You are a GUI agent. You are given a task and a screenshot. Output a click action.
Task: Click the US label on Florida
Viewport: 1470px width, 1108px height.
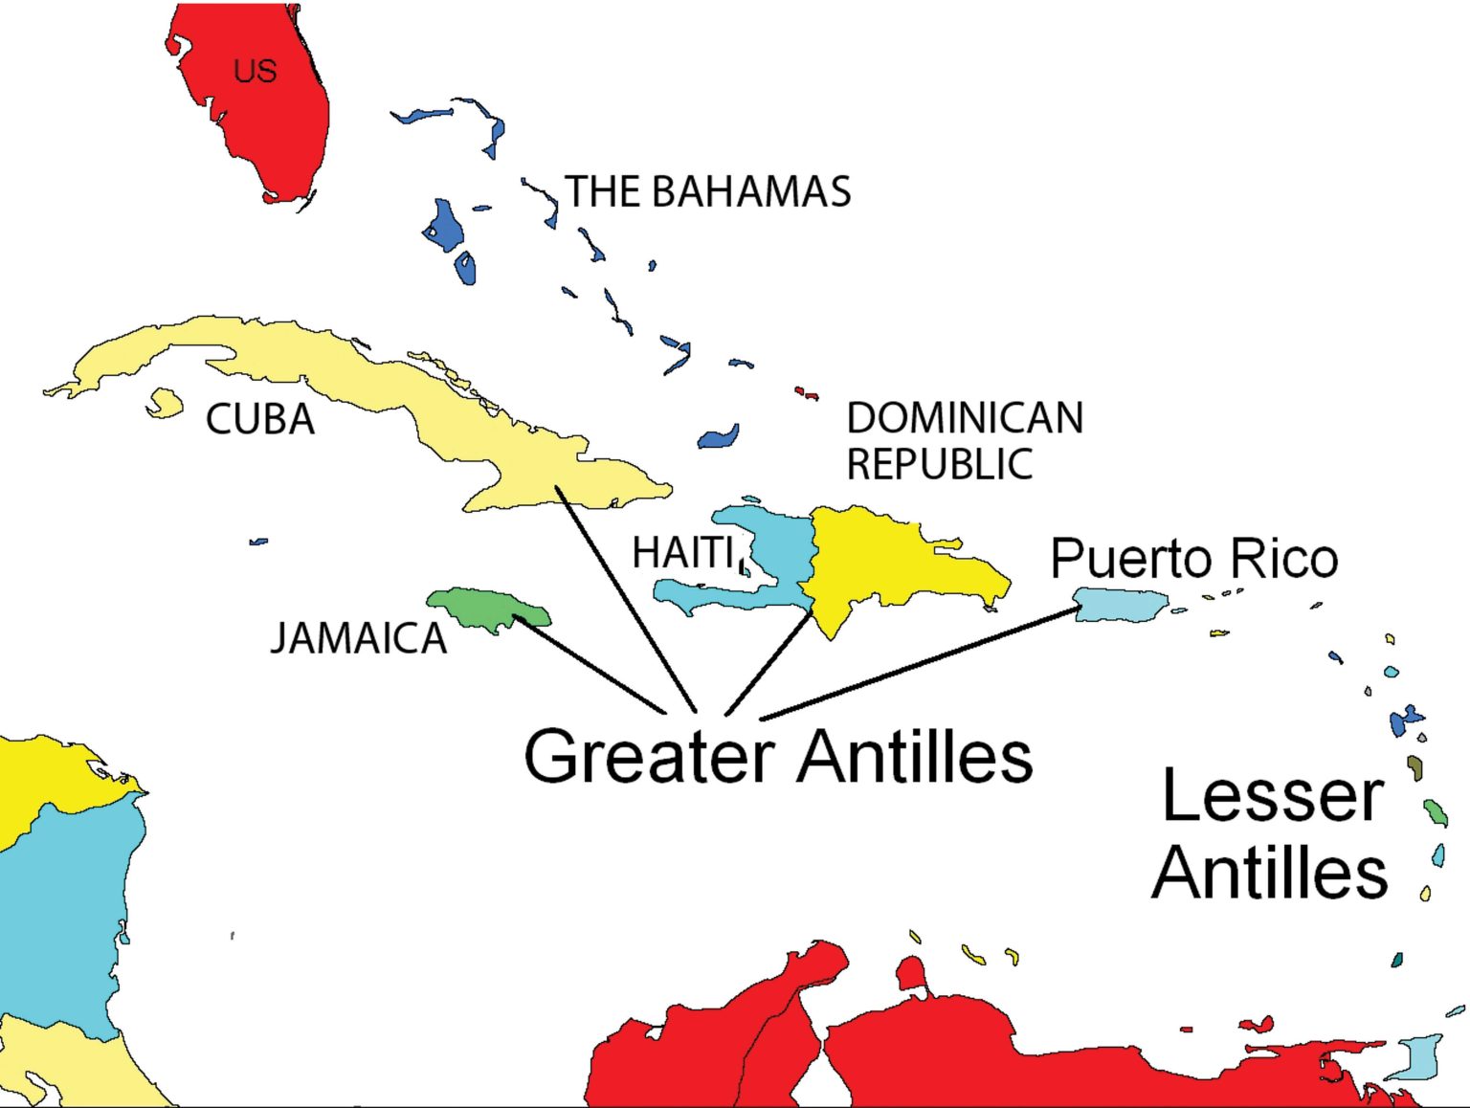(x=255, y=71)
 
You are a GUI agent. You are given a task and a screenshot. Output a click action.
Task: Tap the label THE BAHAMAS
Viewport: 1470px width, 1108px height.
(x=708, y=191)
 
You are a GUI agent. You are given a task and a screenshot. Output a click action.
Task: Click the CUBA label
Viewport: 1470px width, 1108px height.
(x=260, y=419)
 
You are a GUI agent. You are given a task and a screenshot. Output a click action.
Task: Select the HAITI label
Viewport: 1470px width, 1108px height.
(x=683, y=552)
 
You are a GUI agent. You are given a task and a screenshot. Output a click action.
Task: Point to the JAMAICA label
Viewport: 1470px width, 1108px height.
(x=358, y=638)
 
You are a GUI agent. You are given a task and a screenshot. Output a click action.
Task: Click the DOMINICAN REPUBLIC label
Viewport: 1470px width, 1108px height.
(x=964, y=441)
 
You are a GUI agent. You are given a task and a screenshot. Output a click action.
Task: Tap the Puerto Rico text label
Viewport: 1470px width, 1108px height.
(x=1193, y=558)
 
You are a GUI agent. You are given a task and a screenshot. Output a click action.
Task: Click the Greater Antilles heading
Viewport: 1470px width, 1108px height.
(x=778, y=756)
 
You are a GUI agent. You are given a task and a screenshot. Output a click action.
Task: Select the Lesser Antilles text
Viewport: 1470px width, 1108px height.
(x=1271, y=834)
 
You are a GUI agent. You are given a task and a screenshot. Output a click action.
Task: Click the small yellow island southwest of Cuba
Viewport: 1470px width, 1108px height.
(x=165, y=403)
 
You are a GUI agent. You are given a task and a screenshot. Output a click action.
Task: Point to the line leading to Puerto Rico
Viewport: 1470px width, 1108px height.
(x=919, y=662)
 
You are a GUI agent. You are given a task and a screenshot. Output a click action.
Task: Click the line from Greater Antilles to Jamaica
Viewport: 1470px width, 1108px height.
(x=589, y=664)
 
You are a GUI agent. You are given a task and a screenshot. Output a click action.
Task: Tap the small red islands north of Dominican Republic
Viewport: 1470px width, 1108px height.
(x=807, y=392)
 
